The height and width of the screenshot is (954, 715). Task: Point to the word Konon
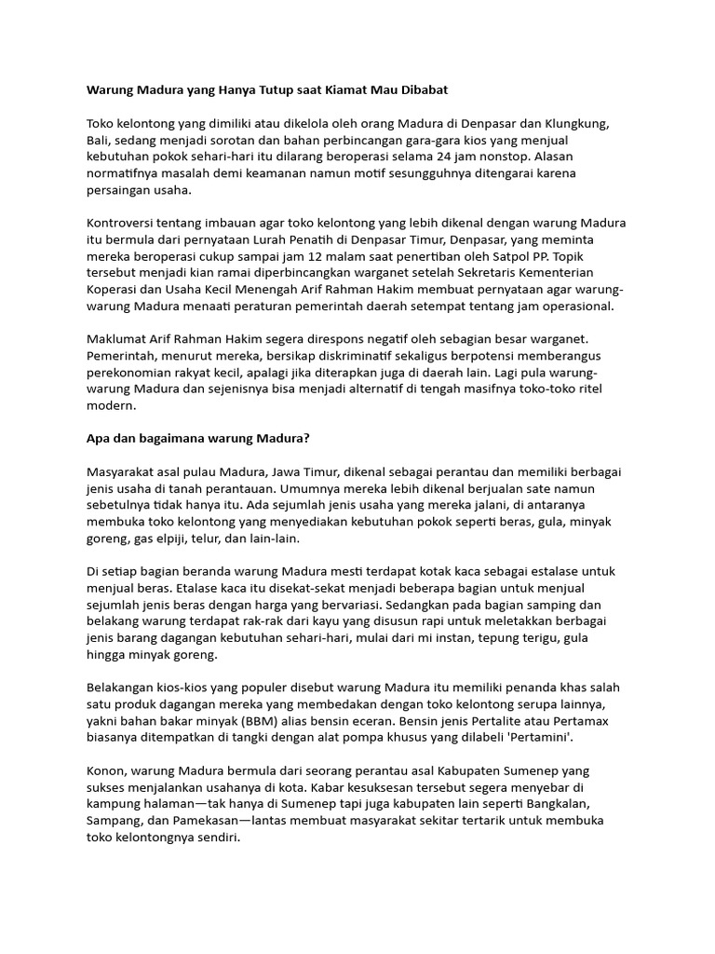coord(107,771)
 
